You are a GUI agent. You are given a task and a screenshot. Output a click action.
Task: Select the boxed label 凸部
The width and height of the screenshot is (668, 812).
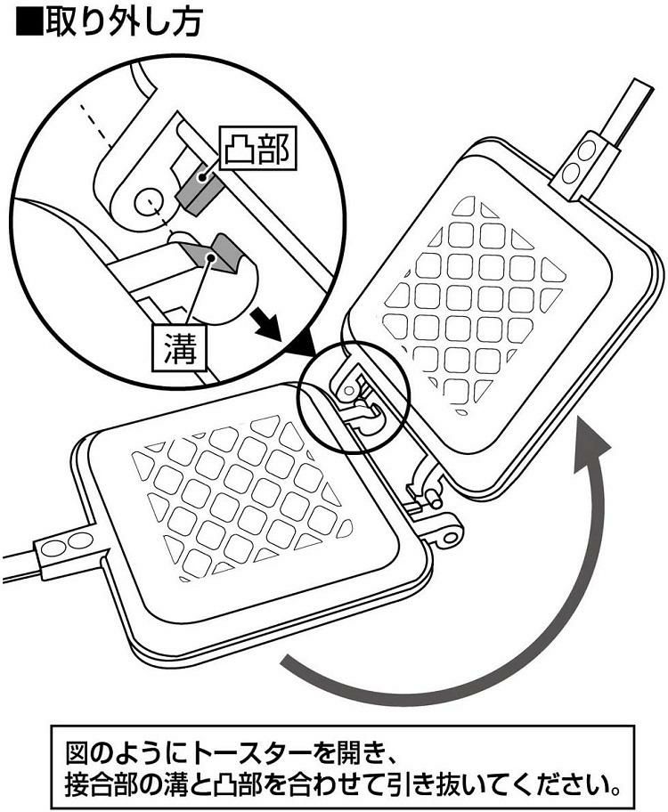click(x=258, y=148)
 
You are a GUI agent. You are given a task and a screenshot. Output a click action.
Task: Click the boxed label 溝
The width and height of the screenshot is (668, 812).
click(x=180, y=347)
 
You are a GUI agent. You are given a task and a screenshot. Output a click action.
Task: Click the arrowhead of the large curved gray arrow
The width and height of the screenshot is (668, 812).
click(x=593, y=446)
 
